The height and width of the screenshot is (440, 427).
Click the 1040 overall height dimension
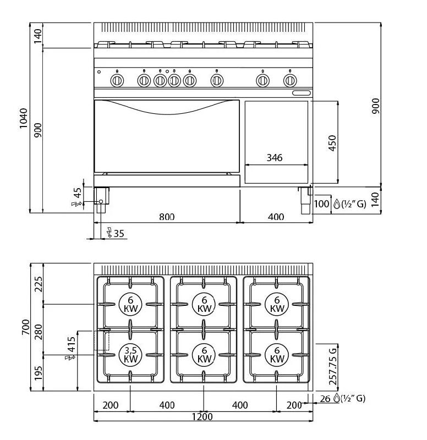tap(23, 118)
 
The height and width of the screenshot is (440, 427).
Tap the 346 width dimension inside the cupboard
tap(274, 158)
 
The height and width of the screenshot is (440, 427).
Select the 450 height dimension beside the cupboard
tap(331, 142)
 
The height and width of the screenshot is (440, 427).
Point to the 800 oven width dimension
tap(167, 217)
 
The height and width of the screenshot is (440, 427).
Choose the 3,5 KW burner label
tap(130, 354)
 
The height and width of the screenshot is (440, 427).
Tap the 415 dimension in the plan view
tap(71, 345)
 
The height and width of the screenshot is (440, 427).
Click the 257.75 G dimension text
tap(332, 366)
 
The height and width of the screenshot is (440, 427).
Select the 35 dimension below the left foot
tap(119, 234)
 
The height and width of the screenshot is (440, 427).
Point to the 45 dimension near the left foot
tap(78, 193)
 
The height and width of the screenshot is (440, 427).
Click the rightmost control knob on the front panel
tap(290, 81)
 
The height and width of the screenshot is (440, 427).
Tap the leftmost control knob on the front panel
tap(117, 81)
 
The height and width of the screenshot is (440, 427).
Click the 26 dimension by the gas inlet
tap(325, 399)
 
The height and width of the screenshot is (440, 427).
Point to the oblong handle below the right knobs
tap(302, 93)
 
